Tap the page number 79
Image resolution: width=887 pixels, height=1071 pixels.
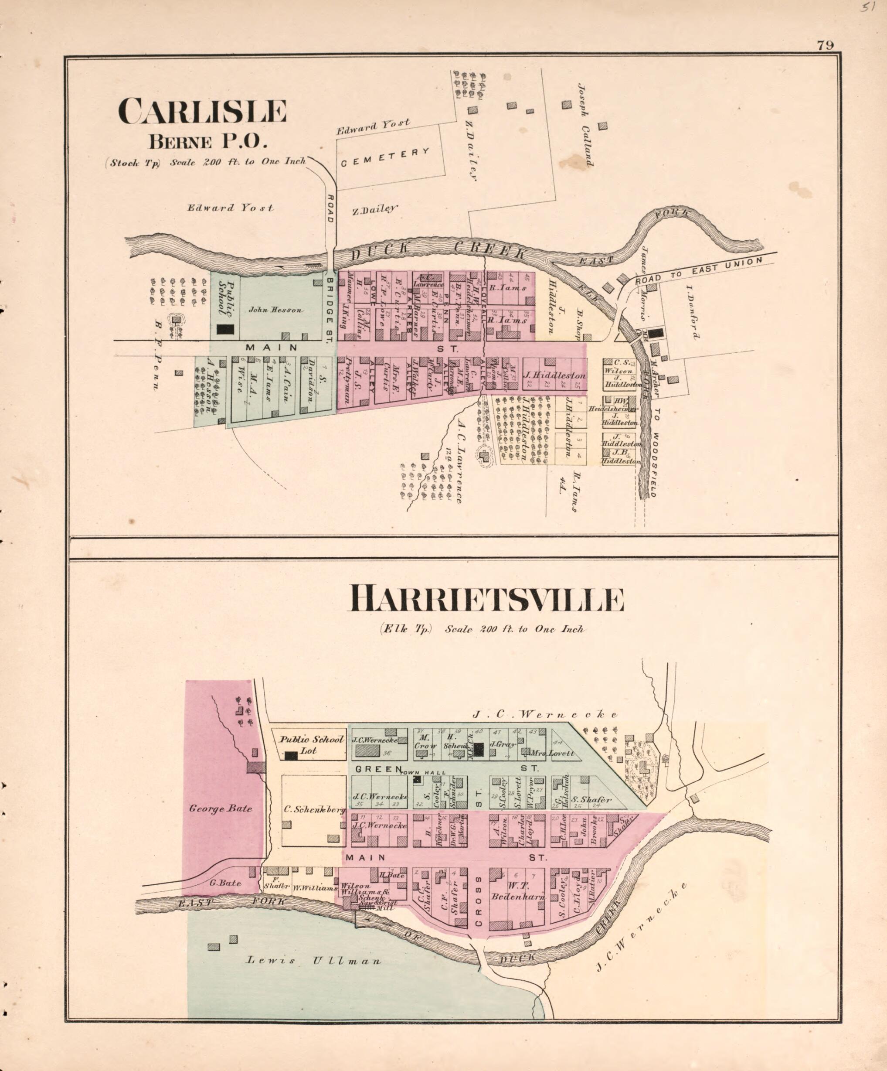point(825,45)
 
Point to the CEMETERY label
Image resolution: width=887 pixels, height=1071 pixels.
point(385,157)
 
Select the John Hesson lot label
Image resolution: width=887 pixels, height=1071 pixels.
point(276,310)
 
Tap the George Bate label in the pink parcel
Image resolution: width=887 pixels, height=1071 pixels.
point(221,808)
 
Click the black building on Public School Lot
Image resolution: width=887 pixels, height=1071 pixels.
point(291,757)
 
